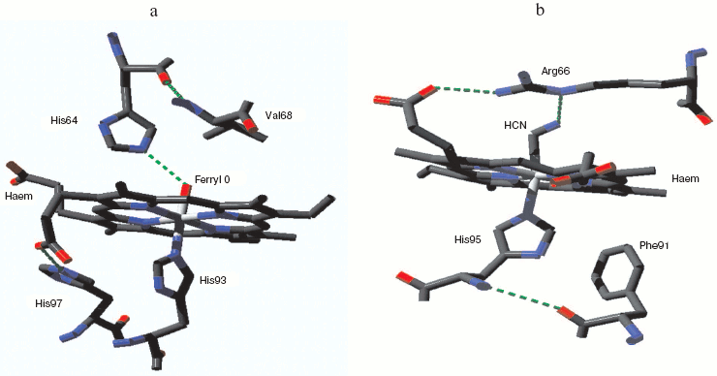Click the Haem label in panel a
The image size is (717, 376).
[19, 194]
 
